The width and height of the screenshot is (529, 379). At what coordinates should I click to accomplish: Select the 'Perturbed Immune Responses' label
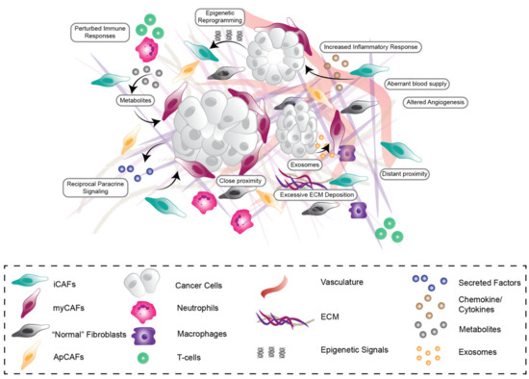(96, 32)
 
